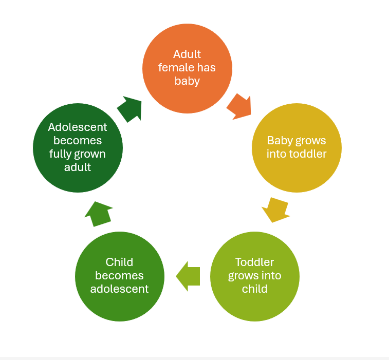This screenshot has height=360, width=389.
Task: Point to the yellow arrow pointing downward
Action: pyautogui.click(x=275, y=209)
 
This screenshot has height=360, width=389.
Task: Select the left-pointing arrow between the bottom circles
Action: pyautogui.click(x=188, y=276)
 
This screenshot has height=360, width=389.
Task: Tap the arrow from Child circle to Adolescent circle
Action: pyautogui.click(x=98, y=213)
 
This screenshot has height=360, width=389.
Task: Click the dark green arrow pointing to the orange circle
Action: pyautogui.click(x=129, y=108)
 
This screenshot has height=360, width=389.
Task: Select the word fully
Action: pyautogui.click(x=62, y=154)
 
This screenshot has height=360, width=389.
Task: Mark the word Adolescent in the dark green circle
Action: pyautogui.click(x=78, y=127)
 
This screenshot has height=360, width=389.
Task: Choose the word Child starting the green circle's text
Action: pyautogui.click(x=120, y=262)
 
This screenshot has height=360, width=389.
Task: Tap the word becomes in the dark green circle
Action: pyautogui.click(x=78, y=140)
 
